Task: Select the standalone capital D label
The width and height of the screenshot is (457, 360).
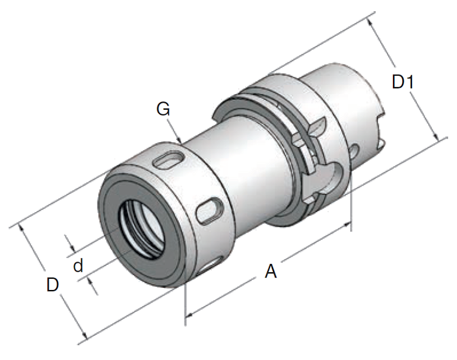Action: (53, 285)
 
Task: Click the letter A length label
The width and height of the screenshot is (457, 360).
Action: (271, 272)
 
